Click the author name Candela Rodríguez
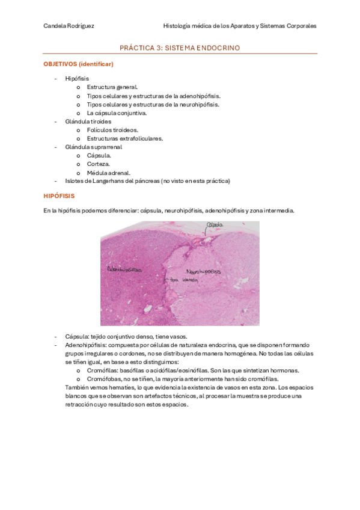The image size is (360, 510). tap(69, 26)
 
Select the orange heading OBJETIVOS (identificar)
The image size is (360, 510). tap(79, 64)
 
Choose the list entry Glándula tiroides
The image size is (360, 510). tap(88, 121)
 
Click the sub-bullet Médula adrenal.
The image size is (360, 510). tap(108, 173)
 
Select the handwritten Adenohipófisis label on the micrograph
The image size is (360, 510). tap(127, 269)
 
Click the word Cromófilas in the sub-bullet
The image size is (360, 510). tap(101, 370)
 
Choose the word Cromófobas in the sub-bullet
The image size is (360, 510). tap(102, 379)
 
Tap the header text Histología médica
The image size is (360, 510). tap(188, 26)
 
